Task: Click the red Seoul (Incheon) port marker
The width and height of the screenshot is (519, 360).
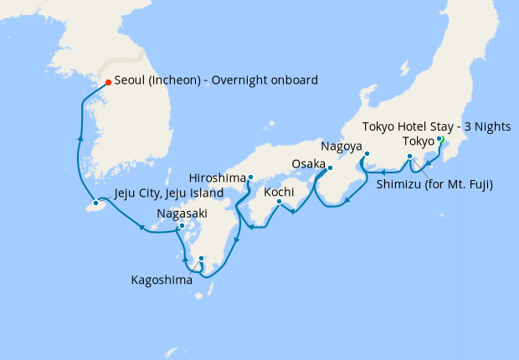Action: (x=108, y=82)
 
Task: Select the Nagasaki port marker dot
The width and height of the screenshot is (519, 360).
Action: (x=182, y=226)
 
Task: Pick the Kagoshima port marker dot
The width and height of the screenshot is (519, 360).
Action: (x=201, y=259)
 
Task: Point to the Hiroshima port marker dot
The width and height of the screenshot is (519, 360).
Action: (x=250, y=177)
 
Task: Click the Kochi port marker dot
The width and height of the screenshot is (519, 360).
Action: (x=279, y=202)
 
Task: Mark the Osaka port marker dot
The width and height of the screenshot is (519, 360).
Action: (x=329, y=167)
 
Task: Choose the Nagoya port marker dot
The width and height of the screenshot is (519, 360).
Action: (x=367, y=153)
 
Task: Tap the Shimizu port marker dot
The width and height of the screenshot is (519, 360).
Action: (x=409, y=157)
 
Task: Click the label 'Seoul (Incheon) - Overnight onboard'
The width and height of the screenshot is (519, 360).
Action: (x=217, y=81)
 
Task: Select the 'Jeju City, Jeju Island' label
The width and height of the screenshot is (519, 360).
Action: (x=168, y=193)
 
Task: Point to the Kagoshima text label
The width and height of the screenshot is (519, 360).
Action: (x=162, y=280)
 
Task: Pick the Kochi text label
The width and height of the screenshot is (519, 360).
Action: (x=278, y=192)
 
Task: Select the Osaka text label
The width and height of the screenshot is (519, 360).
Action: (x=307, y=163)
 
